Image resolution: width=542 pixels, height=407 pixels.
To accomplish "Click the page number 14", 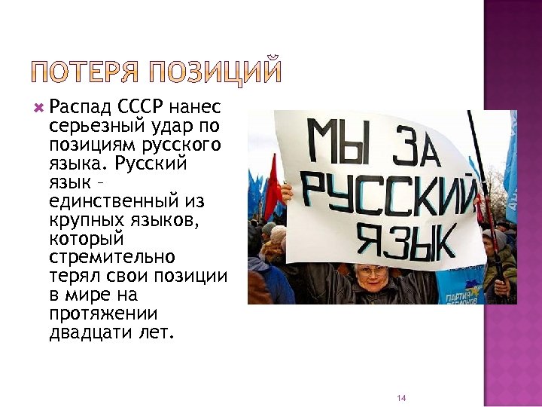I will pos(401,397).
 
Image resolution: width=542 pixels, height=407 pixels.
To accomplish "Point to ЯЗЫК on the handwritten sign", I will pos(406,240).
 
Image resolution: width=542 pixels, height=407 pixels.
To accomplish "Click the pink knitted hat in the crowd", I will pos(279,234).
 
